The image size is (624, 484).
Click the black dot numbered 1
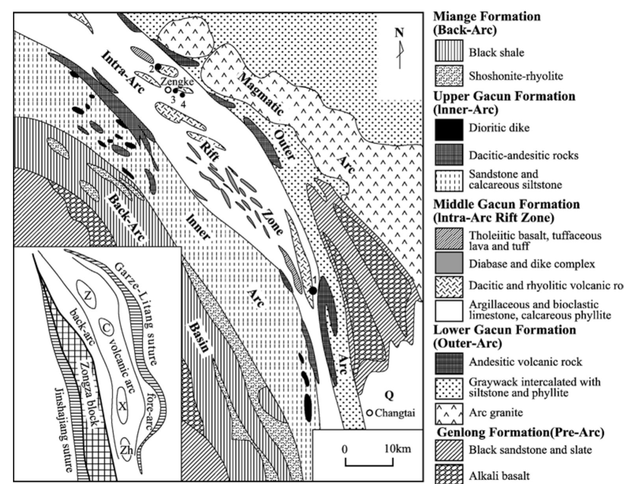313,291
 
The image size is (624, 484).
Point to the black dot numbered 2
158,67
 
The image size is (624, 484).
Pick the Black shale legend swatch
449,52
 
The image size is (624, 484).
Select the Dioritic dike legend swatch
449,128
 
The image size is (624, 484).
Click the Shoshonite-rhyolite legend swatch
449,76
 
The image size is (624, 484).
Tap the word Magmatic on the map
262,95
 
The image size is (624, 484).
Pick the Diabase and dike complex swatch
449,263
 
